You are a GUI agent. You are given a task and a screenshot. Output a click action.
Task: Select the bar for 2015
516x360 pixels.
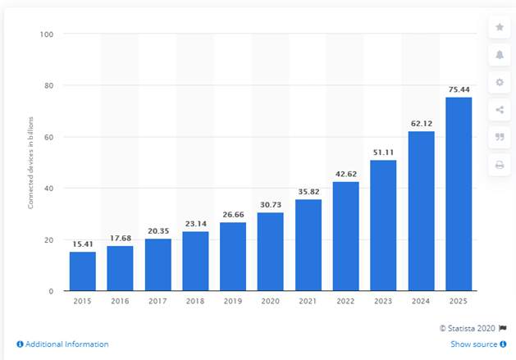(x=83, y=271)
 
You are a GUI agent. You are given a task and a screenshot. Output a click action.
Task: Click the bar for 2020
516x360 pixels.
(x=271, y=252)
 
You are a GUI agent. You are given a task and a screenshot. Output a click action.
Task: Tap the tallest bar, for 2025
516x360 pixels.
(x=459, y=194)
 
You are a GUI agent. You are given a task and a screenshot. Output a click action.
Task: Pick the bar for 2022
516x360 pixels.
(x=346, y=236)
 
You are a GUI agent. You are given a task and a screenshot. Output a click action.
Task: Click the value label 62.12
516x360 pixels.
(x=422, y=124)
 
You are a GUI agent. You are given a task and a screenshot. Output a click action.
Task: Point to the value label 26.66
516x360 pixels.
(x=233, y=215)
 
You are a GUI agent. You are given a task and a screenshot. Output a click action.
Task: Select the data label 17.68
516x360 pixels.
(x=121, y=239)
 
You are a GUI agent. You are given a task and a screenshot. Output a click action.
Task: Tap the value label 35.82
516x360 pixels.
(x=308, y=192)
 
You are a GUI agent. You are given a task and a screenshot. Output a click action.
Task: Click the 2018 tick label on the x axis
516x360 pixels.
(x=195, y=301)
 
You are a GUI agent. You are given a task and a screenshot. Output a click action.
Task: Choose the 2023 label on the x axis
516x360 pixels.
(x=383, y=301)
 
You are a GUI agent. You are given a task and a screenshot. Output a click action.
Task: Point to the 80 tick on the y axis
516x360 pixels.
(x=48, y=85)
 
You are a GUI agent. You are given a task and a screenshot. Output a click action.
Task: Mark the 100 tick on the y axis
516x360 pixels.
(x=47, y=34)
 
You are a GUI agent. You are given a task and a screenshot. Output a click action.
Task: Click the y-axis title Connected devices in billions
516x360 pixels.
(x=30, y=163)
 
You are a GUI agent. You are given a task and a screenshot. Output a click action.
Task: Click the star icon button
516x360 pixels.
(x=500, y=27)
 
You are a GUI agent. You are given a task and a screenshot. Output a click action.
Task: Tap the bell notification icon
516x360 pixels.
(x=500, y=55)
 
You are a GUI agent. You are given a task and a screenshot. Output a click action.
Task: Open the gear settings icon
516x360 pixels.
(x=500, y=82)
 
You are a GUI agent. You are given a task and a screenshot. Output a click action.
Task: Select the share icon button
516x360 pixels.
(x=500, y=110)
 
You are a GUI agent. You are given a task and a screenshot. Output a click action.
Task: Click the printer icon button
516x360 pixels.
(x=500, y=165)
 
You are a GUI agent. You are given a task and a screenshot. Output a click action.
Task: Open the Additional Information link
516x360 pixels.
(x=62, y=344)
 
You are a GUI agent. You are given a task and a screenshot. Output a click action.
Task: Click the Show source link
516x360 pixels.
(x=478, y=344)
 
